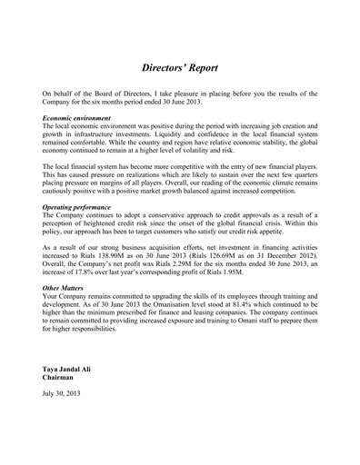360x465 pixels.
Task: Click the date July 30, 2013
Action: pyautogui.click(x=62, y=393)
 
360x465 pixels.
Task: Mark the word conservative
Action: pyautogui.click(x=161, y=217)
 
